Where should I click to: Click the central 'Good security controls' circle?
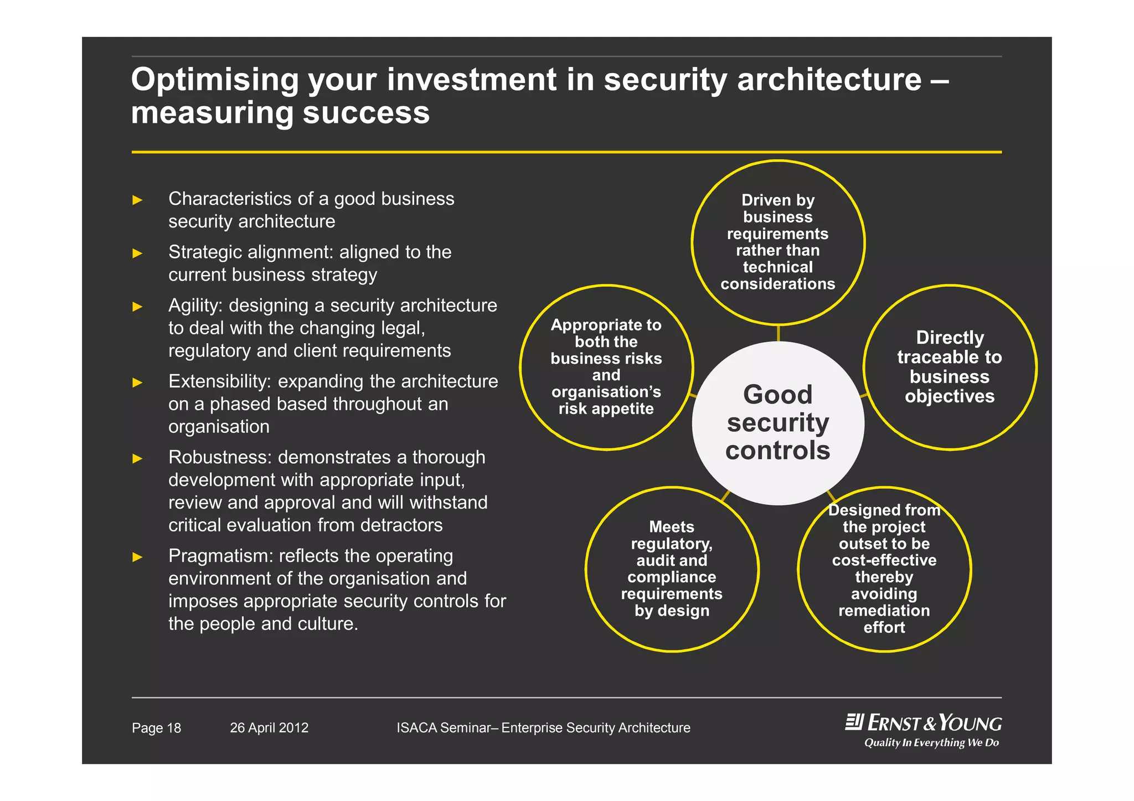click(x=777, y=422)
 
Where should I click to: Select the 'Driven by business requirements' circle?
click(x=777, y=242)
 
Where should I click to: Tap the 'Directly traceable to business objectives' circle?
click(x=950, y=367)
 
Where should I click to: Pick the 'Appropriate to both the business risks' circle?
click(x=606, y=367)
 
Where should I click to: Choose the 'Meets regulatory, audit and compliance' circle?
click(x=672, y=569)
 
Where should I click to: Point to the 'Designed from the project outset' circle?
click(x=884, y=569)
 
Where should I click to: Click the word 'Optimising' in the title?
click(x=215, y=80)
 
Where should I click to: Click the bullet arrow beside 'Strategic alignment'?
click(x=137, y=254)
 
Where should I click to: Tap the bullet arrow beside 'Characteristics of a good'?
click(x=137, y=200)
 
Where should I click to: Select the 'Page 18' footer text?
click(x=156, y=728)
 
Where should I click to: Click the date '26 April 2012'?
click(x=269, y=728)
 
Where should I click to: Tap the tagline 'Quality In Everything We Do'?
click(x=931, y=743)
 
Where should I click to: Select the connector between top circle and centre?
click(x=778, y=333)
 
